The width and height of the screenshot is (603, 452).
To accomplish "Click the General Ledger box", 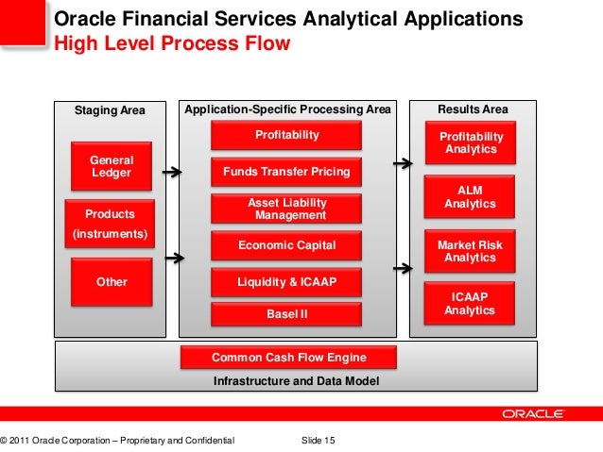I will pyautogui.click(x=112, y=167).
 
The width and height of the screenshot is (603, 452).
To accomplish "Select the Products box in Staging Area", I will pyautogui.click(x=110, y=214).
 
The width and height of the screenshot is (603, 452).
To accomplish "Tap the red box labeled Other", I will pyautogui.click(x=112, y=281).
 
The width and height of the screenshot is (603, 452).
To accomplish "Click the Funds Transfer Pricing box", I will pyautogui.click(x=286, y=172).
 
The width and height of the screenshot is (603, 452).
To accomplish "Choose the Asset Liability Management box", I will pyautogui.click(x=286, y=209).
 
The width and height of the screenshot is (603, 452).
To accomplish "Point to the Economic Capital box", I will pyautogui.click(x=286, y=246).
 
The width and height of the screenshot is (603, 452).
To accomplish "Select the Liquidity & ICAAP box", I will pyautogui.click(x=286, y=281).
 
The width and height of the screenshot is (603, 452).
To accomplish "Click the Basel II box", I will pyautogui.click(x=286, y=313).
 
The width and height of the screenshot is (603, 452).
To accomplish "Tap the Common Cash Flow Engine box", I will pyautogui.click(x=288, y=358).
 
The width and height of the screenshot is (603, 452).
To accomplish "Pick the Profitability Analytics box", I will pyautogui.click(x=470, y=143).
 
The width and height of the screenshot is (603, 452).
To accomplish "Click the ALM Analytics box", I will pyautogui.click(x=470, y=197).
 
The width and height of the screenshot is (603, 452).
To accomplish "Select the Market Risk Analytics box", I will pyautogui.click(x=470, y=251).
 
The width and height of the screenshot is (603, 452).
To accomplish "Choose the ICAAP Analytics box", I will pyautogui.click(x=470, y=303).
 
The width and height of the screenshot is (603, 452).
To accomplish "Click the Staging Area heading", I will pyautogui.click(x=110, y=110).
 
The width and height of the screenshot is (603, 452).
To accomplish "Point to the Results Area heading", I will pyautogui.click(x=472, y=109).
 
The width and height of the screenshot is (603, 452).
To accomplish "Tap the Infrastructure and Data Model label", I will pyautogui.click(x=296, y=381).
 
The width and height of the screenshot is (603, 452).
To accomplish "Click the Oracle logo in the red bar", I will pyautogui.click(x=533, y=413).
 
